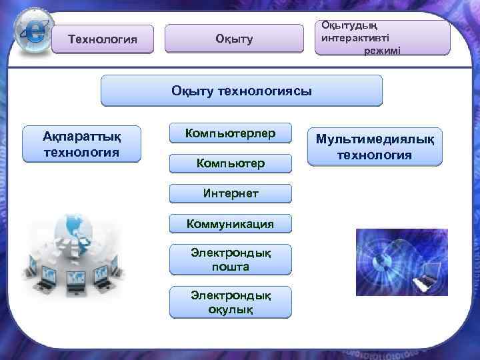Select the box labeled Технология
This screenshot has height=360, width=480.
pos(103,39)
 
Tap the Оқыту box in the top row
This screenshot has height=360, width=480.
pos(234,39)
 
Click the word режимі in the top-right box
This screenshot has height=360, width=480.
pos(382,51)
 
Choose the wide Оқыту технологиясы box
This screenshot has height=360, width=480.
pos(241,91)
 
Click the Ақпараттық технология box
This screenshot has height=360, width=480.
pos(81,144)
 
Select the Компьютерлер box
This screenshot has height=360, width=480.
pos(231,133)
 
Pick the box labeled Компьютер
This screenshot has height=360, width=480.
pos(231,163)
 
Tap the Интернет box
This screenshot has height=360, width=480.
pos(231,193)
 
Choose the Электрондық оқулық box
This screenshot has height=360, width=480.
pos(231,302)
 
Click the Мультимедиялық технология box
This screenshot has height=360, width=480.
pos(374,147)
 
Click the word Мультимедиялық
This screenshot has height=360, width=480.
pos(374,140)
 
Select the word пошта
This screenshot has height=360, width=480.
pos(231,267)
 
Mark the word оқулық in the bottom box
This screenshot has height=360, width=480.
pos(231,309)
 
